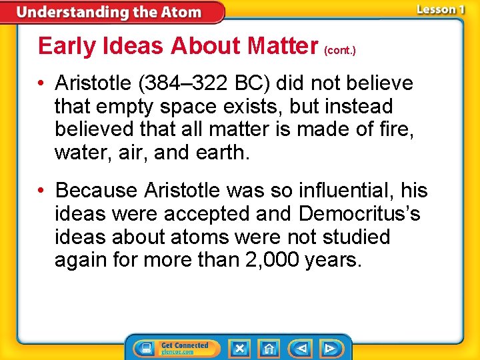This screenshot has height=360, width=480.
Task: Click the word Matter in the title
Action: click(282, 46)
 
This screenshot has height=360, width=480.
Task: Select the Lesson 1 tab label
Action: click(440, 9)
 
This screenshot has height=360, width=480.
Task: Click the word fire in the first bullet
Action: click(399, 129)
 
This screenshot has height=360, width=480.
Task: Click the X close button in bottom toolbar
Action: click(239, 348)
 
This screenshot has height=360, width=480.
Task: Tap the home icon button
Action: click(269, 348)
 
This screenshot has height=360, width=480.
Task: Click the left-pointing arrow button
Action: click(301, 348)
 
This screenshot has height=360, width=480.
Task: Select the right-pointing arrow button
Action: click(329, 348)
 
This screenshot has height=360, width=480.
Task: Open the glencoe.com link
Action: click(178, 352)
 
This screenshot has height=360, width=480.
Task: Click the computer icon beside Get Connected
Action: click(145, 348)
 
